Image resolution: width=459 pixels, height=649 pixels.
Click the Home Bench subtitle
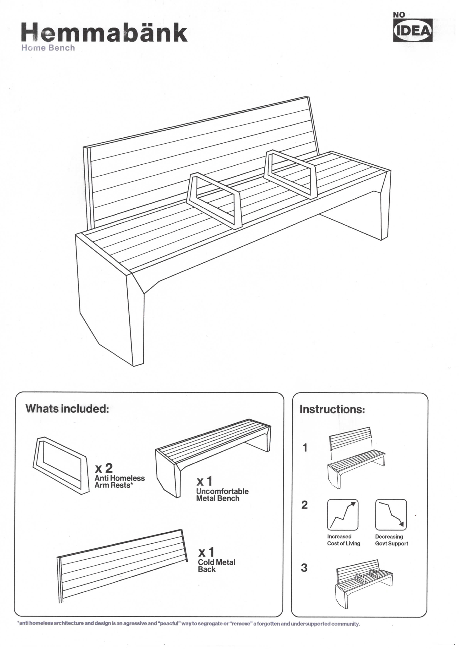(48, 48)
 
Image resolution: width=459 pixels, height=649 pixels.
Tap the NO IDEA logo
(412, 28)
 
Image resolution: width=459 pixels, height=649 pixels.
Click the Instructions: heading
(332, 409)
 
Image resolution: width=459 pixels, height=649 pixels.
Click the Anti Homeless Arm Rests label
(119, 482)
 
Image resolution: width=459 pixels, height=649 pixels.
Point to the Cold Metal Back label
(216, 566)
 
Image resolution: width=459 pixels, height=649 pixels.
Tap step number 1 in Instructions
(305, 448)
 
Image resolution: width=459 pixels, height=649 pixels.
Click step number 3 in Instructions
(304, 568)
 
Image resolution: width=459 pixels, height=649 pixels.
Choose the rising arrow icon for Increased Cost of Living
(343, 514)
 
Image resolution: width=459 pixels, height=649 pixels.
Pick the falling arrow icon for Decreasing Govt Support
(391, 514)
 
